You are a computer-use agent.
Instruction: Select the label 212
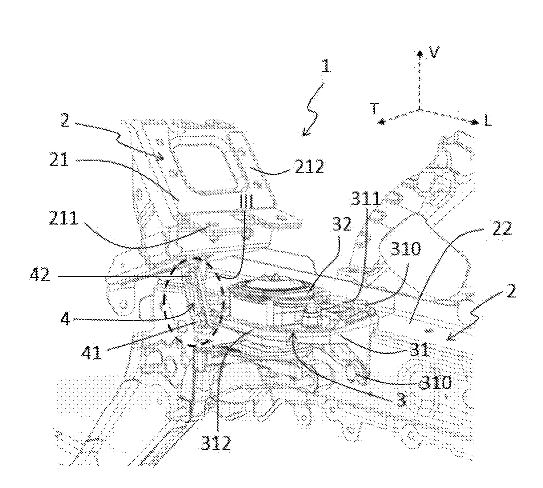pos(309,166)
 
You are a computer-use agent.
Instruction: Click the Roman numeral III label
pos(246,201)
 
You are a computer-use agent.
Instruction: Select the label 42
pos(40,275)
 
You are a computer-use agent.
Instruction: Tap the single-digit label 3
pos(401,400)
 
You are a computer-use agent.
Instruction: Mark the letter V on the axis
pos(434,53)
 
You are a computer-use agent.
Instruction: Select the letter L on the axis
pos(487,122)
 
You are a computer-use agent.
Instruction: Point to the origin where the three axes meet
pos(419,109)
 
